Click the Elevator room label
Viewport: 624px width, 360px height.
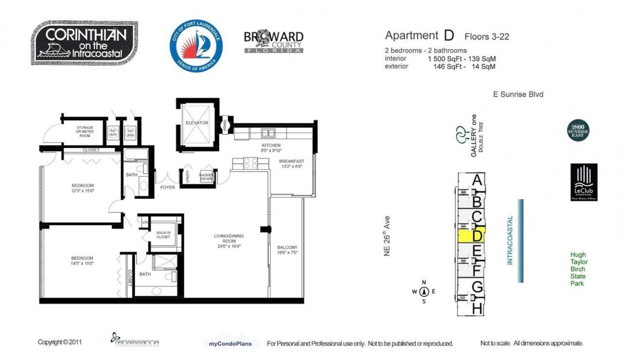click(x=196, y=123)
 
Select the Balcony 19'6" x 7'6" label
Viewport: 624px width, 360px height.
click(x=287, y=250)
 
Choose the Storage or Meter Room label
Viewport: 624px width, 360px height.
click(x=85, y=131)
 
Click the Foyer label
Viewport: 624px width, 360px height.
click(x=168, y=187)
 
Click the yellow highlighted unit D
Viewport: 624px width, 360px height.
click(x=471, y=235)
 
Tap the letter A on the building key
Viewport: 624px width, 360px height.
click(x=478, y=180)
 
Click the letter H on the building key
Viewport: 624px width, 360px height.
click(x=477, y=308)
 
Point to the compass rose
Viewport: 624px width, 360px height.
click(x=424, y=292)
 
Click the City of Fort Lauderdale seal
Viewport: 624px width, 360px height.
click(x=196, y=47)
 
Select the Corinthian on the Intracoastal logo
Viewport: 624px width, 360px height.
click(x=85, y=43)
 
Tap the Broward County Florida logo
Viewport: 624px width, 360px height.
click(x=273, y=42)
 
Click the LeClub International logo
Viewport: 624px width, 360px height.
click(x=584, y=182)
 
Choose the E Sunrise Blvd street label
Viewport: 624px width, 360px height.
click(x=517, y=95)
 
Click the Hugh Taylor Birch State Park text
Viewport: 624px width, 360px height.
click(x=579, y=269)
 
